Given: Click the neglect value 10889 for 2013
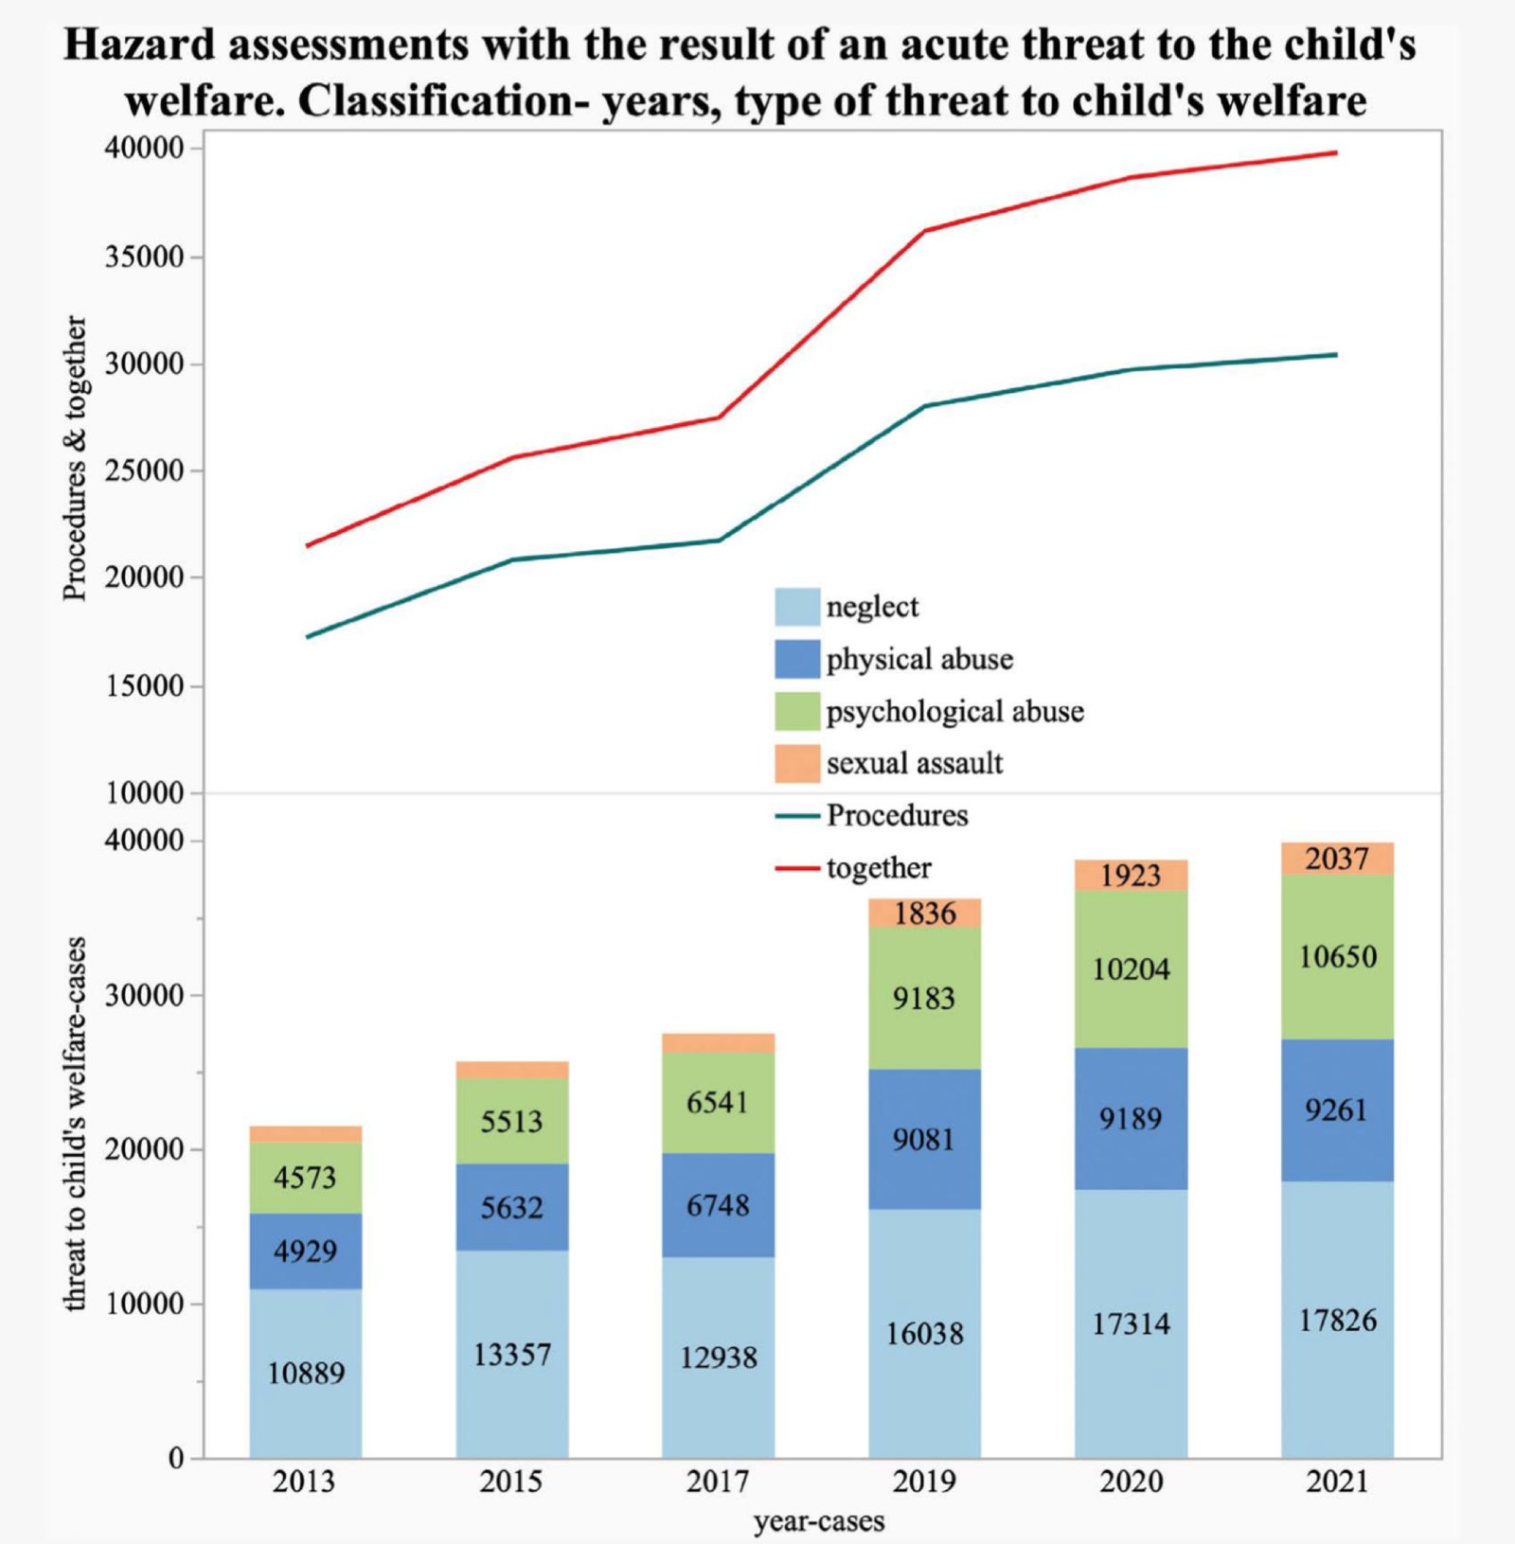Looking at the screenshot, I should click(306, 1373).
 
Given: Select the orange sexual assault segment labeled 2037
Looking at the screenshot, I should click(1337, 859).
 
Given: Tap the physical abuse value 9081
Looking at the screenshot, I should click(924, 1139).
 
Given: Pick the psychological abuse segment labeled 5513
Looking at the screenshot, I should click(511, 1122).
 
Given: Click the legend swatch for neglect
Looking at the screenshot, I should click(797, 607).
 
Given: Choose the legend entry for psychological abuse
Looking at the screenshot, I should click(954, 712).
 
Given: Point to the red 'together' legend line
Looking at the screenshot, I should click(797, 868).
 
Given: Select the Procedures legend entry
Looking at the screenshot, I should click(897, 815).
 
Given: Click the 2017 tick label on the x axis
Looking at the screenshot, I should click(718, 1481).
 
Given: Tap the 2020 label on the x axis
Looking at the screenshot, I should click(1131, 1481).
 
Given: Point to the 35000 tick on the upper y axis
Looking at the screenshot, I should click(144, 257).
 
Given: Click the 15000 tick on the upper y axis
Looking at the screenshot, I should click(144, 686).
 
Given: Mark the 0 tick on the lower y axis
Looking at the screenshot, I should click(176, 1459).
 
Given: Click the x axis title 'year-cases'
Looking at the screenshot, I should click(819, 1521).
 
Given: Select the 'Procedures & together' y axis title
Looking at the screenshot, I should click(76, 458).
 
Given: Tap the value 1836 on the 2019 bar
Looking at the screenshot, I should click(924, 914).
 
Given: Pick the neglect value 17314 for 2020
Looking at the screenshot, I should click(1131, 1323).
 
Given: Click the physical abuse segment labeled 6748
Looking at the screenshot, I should click(718, 1205).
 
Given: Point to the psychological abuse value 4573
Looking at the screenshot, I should click(305, 1178).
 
